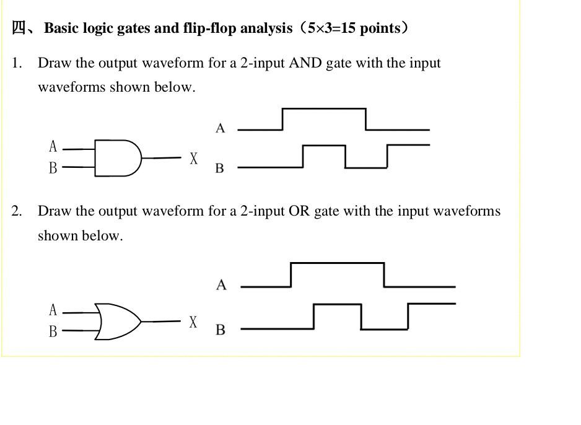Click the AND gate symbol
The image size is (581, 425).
pos(118,158)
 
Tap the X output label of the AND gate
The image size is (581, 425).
pos(194,159)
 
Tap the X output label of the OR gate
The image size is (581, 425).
pos(193,322)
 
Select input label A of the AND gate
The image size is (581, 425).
pos(53,147)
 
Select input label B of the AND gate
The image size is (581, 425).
pos(53,168)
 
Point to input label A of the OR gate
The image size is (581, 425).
pos(53,310)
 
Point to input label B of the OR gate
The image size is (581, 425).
pos(53,331)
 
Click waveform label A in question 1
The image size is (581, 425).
pos(220,128)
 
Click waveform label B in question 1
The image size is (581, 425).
pos(219,168)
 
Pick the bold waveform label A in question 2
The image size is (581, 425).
pos(221,285)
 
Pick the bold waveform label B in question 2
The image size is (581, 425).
pos(220,330)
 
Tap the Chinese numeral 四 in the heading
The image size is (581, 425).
pos(19,28)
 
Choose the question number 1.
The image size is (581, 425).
pos(16,63)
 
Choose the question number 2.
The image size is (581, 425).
pos(16,211)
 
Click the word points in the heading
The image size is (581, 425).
pos(380,28)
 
